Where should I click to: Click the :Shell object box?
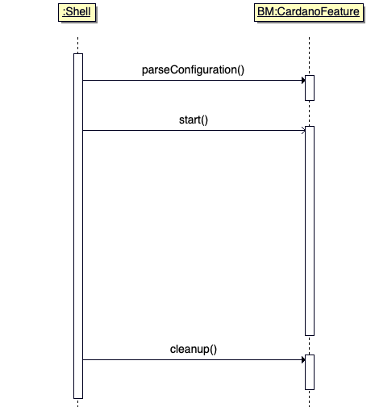tap(77, 12)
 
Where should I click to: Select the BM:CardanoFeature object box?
tap(309, 12)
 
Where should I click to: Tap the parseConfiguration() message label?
tap(193, 70)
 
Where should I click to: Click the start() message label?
tap(194, 120)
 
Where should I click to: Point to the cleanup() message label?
tap(194, 350)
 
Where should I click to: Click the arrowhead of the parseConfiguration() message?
tap(303, 80)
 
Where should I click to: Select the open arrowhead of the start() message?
tap(303, 131)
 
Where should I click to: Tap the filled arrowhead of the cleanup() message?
tap(303, 359)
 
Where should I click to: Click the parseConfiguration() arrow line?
tap(194, 80)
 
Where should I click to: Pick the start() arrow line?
tap(194, 131)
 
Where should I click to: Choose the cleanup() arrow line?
tap(194, 359)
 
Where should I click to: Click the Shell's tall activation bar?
tap(78, 226)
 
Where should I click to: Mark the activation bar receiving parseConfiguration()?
tap(310, 88)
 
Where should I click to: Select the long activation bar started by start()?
tap(310, 231)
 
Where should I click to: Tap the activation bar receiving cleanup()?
tap(310, 372)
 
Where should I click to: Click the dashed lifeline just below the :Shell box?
tap(78, 45)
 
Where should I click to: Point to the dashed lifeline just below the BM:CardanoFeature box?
tap(310, 57)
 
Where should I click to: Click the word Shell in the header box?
tap(78, 12)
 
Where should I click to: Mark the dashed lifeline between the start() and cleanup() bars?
tap(310, 345)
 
